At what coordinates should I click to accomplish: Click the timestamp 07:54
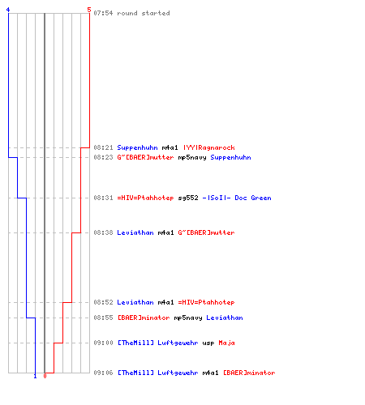[103, 13]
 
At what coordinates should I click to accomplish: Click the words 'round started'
[144, 13]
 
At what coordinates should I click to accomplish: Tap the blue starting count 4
[8, 10]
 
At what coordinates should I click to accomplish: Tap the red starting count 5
[89, 10]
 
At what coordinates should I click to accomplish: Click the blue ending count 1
[35, 376]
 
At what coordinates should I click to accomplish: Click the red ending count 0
[45, 376]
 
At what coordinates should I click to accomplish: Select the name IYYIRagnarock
[209, 147]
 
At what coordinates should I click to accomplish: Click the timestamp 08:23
[103, 157]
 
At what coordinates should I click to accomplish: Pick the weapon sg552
[188, 198]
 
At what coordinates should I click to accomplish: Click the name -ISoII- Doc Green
[237, 198]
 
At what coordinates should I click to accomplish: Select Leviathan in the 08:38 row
[135, 232]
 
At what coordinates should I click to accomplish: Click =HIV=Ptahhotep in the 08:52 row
[206, 302]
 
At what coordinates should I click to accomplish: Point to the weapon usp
[208, 343]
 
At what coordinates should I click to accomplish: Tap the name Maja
[226, 343]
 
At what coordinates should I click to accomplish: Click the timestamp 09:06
[103, 373]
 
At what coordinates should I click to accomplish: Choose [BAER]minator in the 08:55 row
[144, 318]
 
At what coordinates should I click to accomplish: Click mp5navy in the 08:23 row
[192, 158]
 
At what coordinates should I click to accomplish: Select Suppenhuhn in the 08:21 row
[137, 148]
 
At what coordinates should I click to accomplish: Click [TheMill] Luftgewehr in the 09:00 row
[157, 343]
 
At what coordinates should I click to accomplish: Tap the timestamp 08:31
[103, 198]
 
